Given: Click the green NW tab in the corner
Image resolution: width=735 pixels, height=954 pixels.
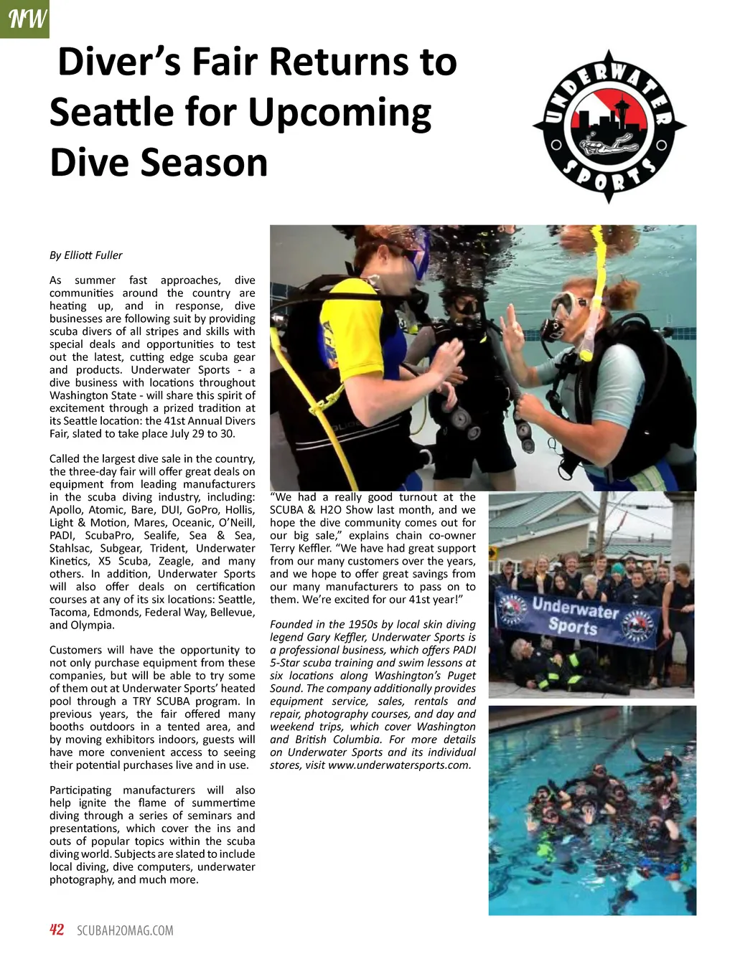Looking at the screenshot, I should tap(24, 19).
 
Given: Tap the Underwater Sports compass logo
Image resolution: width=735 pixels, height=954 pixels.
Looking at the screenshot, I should tap(609, 127).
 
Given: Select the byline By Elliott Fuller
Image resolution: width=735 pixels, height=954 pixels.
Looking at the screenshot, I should tap(85, 255).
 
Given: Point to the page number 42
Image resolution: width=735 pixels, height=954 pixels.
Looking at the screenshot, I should tap(57, 930).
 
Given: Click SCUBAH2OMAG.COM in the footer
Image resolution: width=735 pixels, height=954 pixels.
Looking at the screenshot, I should tap(125, 931).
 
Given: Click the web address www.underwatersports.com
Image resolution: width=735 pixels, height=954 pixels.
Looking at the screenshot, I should tap(399, 765).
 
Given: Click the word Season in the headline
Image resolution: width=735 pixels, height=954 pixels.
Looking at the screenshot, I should tap(204, 163).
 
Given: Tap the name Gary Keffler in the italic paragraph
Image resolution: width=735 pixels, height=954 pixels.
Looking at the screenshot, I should tap(332, 638).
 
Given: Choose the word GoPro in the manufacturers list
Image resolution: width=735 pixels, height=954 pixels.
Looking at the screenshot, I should tap(203, 510).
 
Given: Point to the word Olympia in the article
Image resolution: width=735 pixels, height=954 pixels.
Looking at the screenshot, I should tap(93, 625).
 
